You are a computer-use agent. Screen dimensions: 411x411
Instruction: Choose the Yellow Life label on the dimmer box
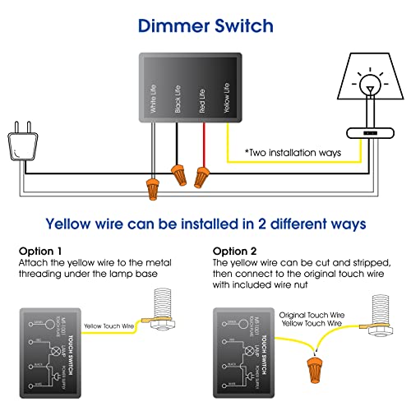click(227, 95)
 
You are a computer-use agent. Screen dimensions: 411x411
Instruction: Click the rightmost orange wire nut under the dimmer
click(201, 176)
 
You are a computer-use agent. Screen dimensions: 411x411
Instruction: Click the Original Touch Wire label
click(313, 315)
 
